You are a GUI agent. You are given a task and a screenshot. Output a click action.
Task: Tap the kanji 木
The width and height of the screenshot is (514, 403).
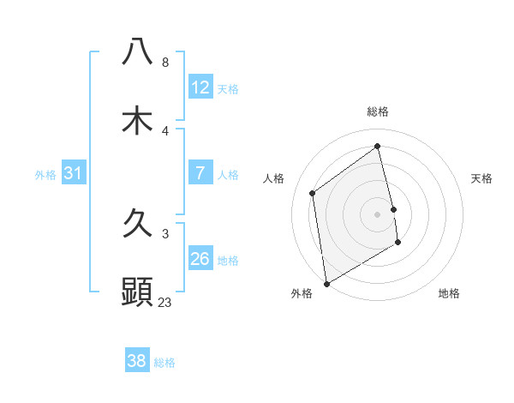tap(137, 120)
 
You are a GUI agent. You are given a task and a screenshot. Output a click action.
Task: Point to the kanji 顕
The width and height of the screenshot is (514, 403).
tap(137, 292)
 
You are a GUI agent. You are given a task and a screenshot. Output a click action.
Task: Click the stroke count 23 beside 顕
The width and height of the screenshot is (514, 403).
tap(165, 302)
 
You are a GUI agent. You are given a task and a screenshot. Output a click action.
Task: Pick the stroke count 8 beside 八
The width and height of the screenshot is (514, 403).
tap(165, 63)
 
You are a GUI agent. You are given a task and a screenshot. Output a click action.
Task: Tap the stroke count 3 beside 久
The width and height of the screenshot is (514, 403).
tap(165, 233)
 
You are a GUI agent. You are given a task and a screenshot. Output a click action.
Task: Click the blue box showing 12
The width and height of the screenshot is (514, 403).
tap(200, 87)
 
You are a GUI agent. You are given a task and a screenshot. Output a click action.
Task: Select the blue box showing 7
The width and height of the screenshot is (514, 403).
tap(200, 173)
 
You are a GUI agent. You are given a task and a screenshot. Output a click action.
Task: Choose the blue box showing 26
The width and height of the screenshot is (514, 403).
tap(200, 259)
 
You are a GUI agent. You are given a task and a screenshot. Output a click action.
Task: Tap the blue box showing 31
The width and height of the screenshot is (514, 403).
tap(74, 173)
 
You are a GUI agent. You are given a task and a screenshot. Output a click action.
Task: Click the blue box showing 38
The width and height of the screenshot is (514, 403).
tap(137, 361)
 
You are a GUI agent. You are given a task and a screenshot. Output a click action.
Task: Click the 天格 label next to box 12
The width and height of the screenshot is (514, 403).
tap(227, 89)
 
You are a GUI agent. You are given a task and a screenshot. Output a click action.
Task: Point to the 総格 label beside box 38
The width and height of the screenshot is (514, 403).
tap(164, 363)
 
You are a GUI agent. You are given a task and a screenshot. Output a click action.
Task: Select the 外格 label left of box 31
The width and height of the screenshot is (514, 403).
tap(45, 175)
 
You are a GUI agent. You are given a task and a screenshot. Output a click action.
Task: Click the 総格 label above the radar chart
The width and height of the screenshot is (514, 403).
tap(378, 111)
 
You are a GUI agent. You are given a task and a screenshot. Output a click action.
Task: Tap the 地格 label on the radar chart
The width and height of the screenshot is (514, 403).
tap(449, 293)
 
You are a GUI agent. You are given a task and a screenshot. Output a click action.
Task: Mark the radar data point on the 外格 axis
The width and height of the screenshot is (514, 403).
tap(326, 283)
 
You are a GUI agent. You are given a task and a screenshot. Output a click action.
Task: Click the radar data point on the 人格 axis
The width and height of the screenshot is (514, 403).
tap(313, 193)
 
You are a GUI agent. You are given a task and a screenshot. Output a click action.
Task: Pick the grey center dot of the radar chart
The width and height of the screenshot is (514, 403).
tap(378, 214)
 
